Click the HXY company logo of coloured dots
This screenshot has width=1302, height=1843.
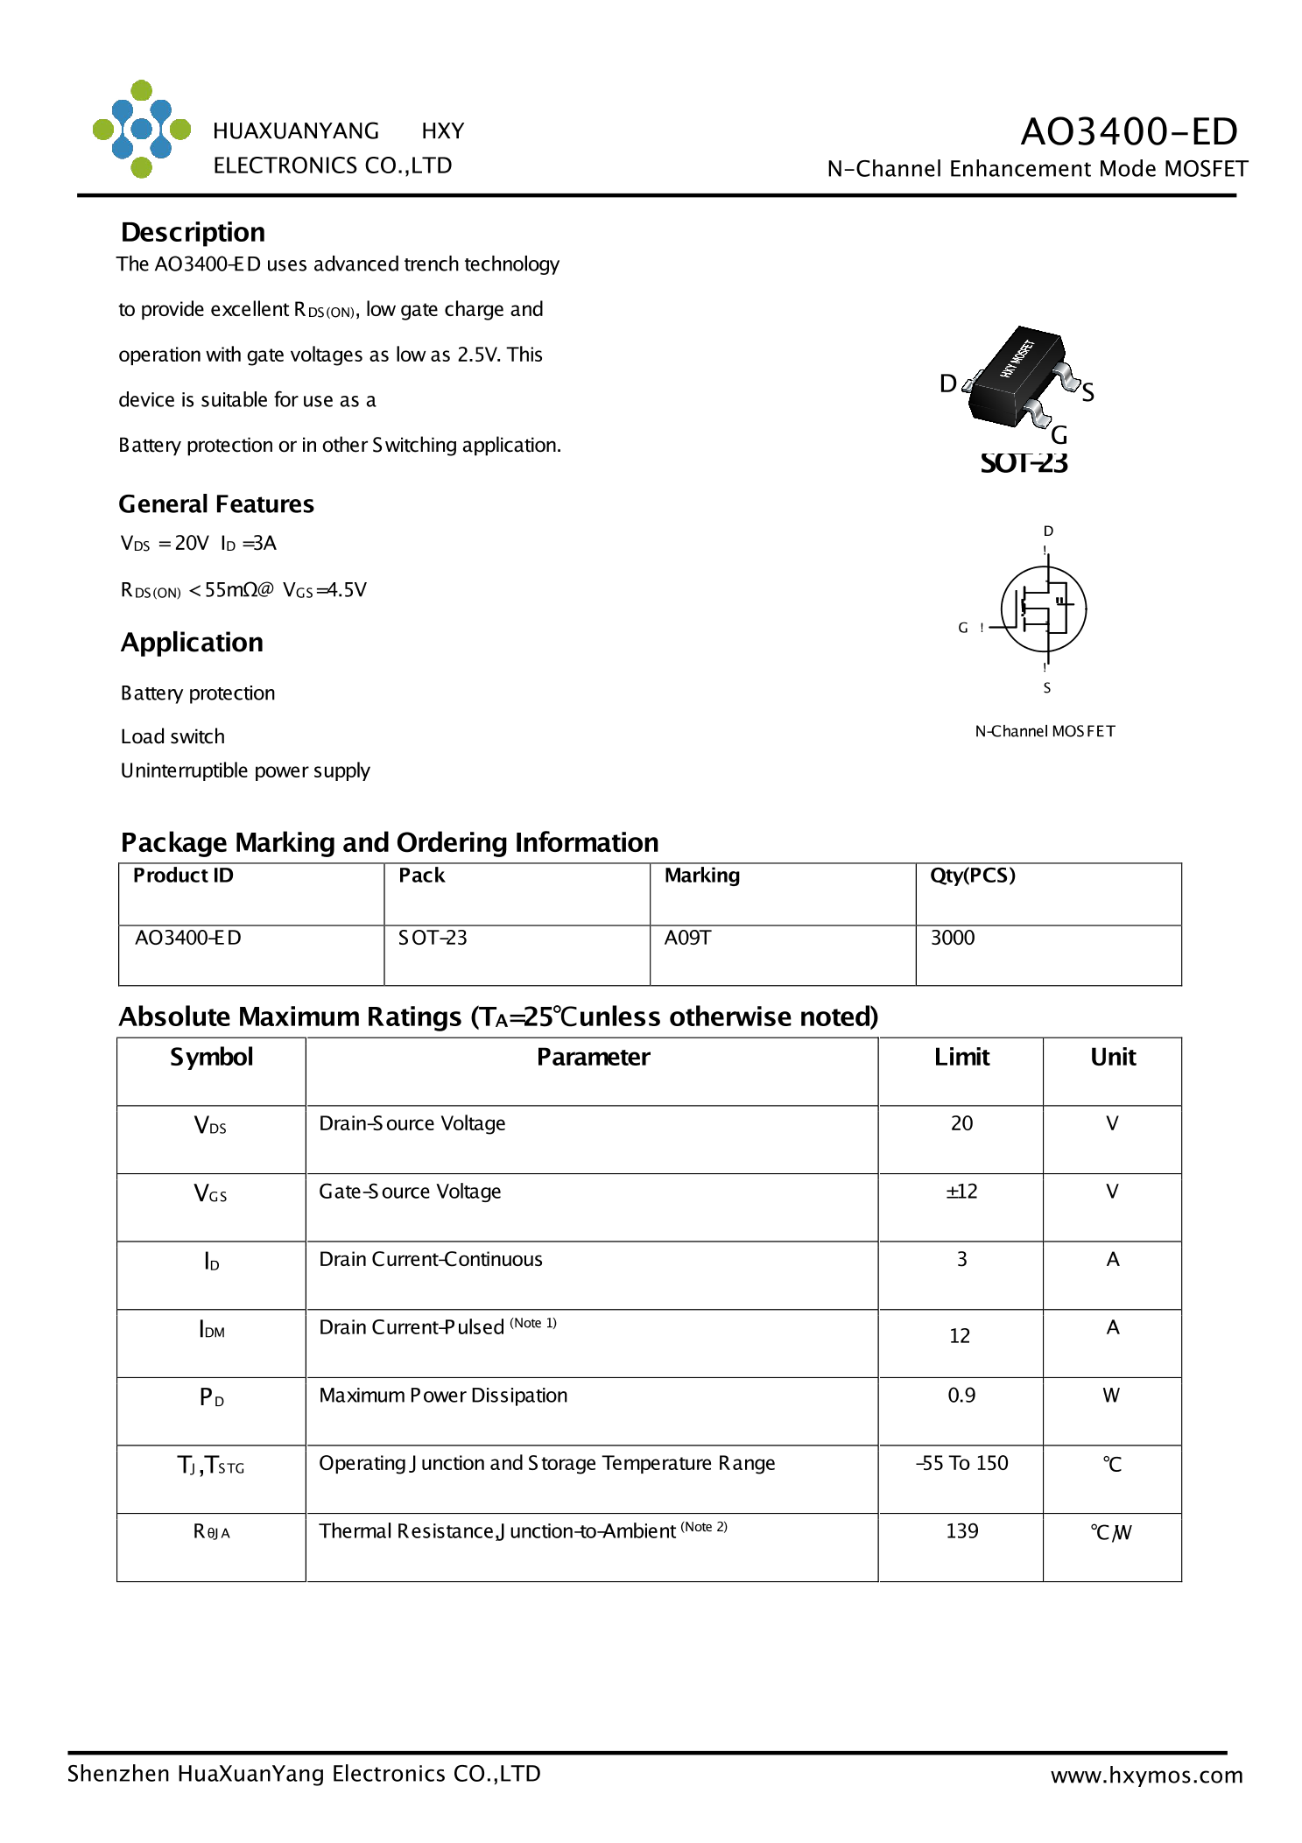point(141,130)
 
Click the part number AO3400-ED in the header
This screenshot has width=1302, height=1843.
point(1128,131)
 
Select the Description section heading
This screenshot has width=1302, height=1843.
point(193,232)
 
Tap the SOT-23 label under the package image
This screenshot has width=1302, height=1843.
point(1023,462)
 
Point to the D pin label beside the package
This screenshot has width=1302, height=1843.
point(947,383)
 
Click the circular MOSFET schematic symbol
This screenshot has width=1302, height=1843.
point(1043,608)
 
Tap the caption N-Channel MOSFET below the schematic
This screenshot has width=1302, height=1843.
point(1045,731)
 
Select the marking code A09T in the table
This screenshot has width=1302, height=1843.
point(687,938)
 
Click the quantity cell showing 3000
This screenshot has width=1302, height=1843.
point(952,938)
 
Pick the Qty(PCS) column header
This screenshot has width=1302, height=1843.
point(972,876)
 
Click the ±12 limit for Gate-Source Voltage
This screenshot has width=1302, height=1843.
point(961,1192)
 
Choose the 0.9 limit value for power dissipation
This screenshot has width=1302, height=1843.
point(961,1396)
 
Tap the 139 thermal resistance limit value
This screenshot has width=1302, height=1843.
point(961,1531)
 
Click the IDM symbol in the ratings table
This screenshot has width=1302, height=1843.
point(212,1329)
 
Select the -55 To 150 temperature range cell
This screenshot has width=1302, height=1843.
point(961,1463)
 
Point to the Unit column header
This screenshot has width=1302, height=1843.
point(1112,1057)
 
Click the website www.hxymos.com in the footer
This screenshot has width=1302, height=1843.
point(1146,1775)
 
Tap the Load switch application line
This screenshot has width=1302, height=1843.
point(172,736)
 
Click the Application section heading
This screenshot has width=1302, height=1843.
point(192,643)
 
